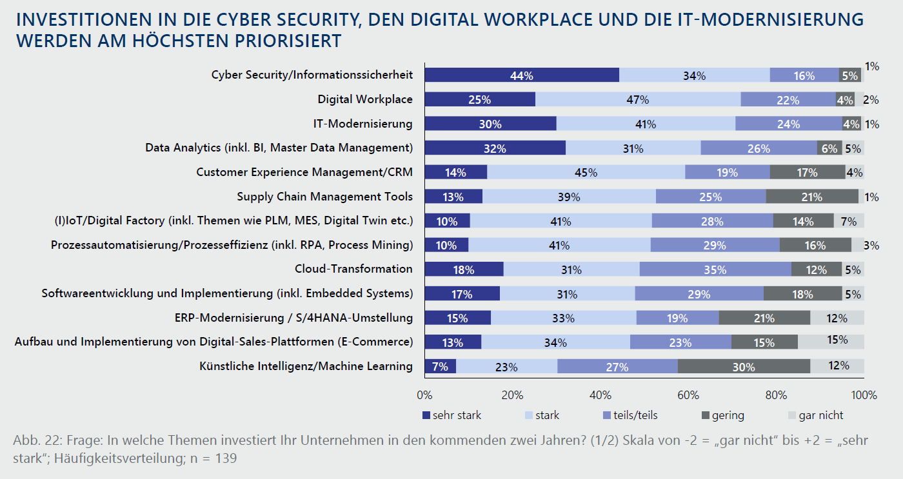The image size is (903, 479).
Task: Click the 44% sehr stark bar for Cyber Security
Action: tap(521, 75)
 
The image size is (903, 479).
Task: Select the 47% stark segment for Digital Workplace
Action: tap(638, 100)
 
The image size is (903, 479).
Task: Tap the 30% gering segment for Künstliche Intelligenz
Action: tap(744, 367)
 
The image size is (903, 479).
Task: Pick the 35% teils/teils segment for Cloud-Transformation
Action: tap(715, 269)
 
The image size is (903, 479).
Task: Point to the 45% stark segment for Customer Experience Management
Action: tap(586, 173)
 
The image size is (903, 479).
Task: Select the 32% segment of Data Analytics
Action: tap(495, 148)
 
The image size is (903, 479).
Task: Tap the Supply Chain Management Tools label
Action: tap(324, 197)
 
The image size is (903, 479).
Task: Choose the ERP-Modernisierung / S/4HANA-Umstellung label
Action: tap(293, 318)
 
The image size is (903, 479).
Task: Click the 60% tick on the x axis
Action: tap(688, 395)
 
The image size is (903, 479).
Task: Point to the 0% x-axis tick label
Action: tap(424, 395)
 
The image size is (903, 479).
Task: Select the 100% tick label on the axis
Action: tap(864, 395)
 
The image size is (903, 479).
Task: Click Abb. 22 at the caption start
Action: tap(34, 441)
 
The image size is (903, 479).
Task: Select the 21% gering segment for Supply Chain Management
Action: tap(811, 197)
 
